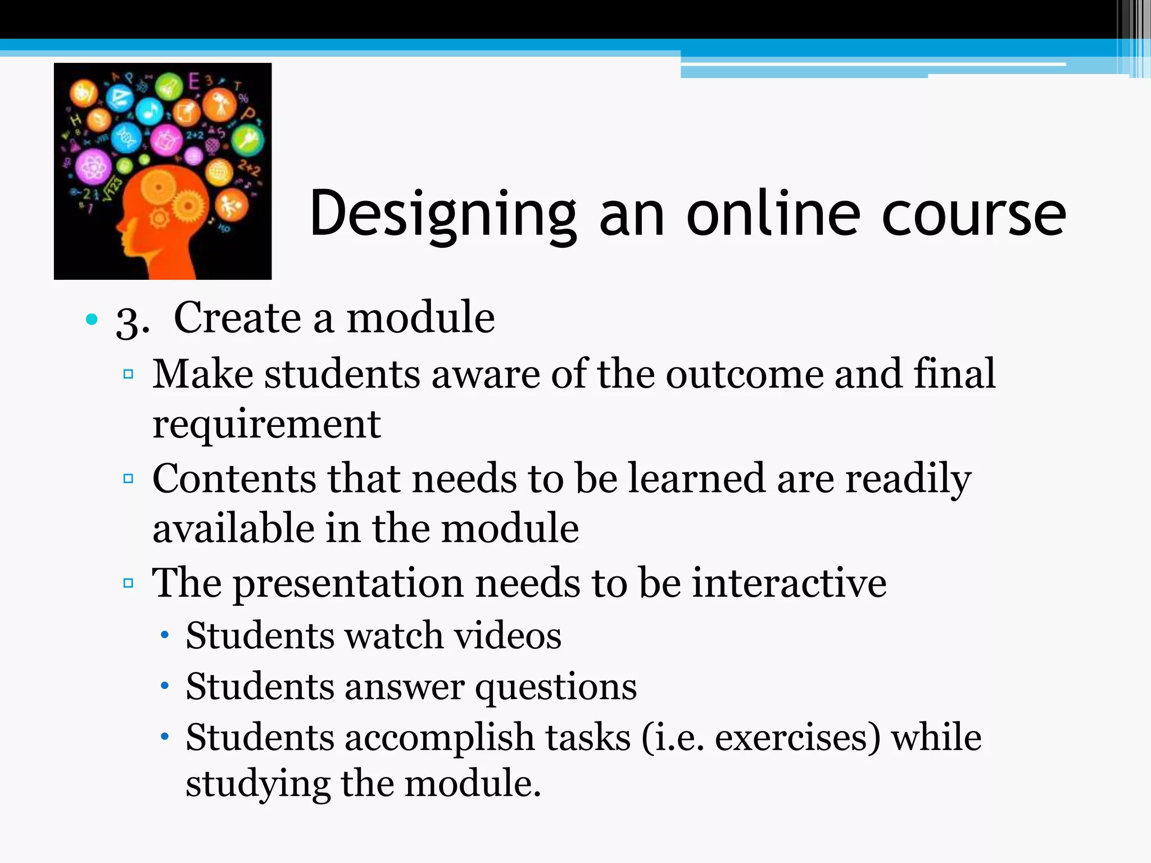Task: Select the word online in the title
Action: [773, 214]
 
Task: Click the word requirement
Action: [266, 425]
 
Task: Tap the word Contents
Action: [234, 479]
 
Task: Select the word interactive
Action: [789, 583]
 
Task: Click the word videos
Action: [507, 636]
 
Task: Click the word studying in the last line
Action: [258, 784]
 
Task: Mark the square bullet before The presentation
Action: [128, 583]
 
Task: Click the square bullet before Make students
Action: [128, 374]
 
